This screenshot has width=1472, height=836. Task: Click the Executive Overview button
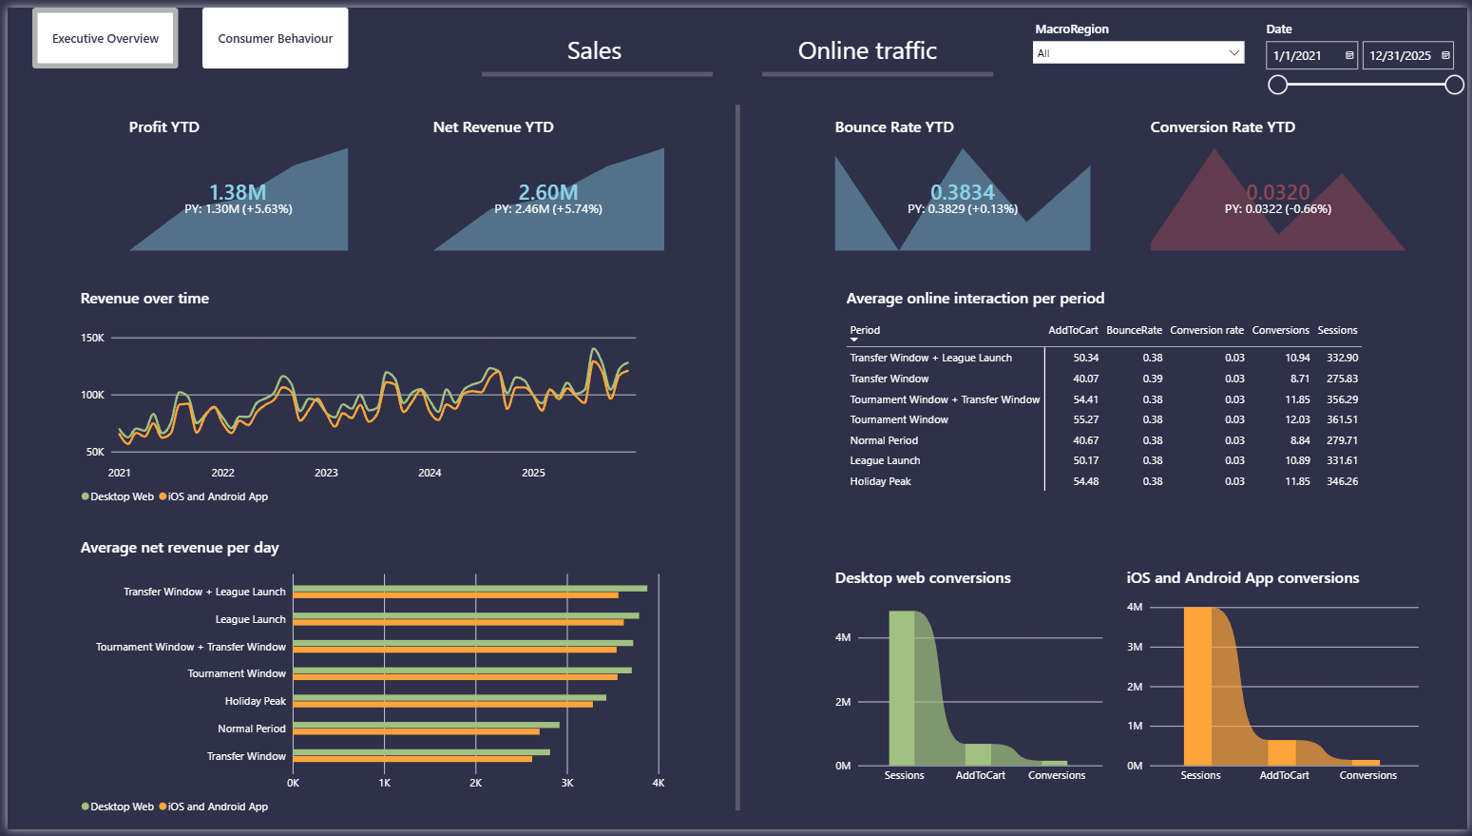(105, 38)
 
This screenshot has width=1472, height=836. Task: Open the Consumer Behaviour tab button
(275, 38)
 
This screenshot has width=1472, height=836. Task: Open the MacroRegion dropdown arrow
(1233, 52)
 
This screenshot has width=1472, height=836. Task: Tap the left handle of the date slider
(1277, 85)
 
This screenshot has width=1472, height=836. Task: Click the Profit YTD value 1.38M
(238, 192)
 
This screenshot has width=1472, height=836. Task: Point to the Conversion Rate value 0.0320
(1278, 192)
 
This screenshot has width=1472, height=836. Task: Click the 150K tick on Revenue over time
(92, 338)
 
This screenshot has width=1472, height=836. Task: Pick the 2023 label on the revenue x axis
(326, 473)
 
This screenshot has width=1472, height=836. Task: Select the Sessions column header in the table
(1337, 330)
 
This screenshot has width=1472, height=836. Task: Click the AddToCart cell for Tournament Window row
(1085, 419)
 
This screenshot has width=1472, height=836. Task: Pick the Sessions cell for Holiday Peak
(1342, 481)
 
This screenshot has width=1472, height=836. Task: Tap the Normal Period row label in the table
(884, 440)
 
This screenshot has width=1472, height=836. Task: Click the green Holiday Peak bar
(449, 698)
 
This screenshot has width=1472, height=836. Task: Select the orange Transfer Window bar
(412, 759)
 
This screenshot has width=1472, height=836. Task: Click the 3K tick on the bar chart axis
(567, 783)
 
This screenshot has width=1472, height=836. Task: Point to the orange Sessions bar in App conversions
(1197, 686)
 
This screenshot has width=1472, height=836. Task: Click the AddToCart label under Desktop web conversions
(980, 775)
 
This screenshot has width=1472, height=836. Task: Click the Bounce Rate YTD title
(893, 126)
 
